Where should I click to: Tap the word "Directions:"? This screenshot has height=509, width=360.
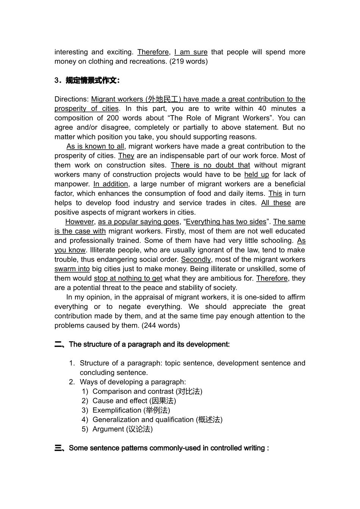[x=72, y=99]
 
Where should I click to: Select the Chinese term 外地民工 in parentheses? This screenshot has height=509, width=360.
[x=163, y=99]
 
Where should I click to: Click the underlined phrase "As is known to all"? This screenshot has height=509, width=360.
[x=95, y=146]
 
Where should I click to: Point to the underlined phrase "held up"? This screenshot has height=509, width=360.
[x=257, y=175]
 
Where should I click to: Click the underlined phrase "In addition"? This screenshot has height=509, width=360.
[x=111, y=184]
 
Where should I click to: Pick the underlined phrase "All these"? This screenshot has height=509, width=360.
[x=276, y=203]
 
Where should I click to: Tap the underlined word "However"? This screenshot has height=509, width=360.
[x=80, y=222]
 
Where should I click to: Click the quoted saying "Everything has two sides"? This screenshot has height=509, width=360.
[x=226, y=222]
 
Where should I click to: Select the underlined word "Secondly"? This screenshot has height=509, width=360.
[x=196, y=259]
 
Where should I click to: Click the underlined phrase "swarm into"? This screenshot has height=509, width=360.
[x=72, y=269]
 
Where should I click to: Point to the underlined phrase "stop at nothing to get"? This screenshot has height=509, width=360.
[x=128, y=278]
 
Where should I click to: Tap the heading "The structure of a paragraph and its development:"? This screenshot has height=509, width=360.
[x=149, y=344]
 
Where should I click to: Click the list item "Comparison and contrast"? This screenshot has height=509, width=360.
[x=133, y=391]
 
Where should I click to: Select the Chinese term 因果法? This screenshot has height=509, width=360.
[x=163, y=401]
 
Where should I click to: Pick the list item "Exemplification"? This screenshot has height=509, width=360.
[x=117, y=410]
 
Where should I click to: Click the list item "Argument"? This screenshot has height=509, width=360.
[x=108, y=429]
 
